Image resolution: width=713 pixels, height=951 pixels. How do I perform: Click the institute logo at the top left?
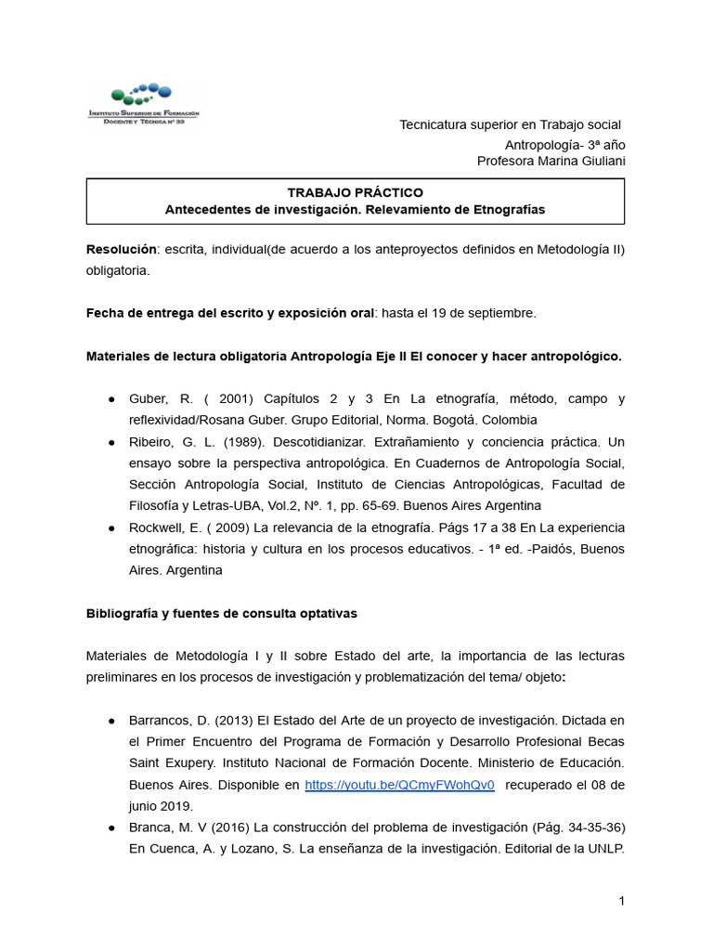pos(143,104)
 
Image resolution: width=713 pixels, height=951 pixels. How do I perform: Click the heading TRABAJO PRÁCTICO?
pos(355,192)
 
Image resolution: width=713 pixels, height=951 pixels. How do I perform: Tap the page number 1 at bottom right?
pos(621,902)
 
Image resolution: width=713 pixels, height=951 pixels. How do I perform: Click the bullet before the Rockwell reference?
pos(111,528)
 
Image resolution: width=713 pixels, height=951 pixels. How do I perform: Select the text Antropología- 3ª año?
pos(564,145)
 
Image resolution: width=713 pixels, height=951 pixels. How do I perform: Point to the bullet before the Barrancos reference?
pos(111,721)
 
